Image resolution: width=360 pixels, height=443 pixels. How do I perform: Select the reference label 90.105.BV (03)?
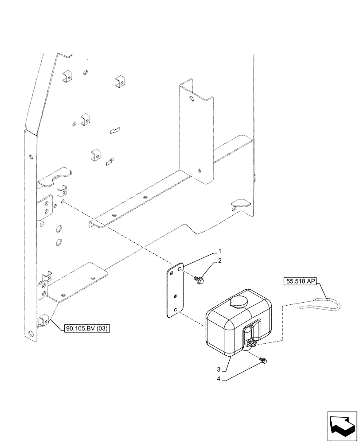tap(87, 328)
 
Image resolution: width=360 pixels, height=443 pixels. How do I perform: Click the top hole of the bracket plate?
tap(179, 269)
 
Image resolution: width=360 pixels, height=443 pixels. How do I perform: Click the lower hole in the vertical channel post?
tap(200, 169)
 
